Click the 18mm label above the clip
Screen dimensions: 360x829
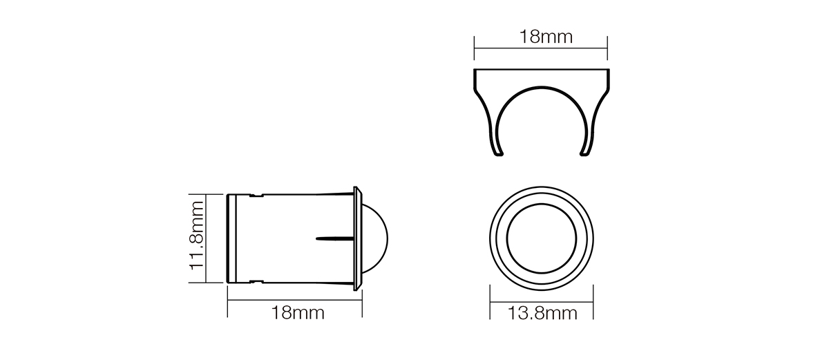pyautogui.click(x=546, y=37)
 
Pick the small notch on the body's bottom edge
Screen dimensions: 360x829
pyautogui.click(x=256, y=281)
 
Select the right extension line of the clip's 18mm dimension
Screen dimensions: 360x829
pyautogui.click(x=607, y=48)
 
